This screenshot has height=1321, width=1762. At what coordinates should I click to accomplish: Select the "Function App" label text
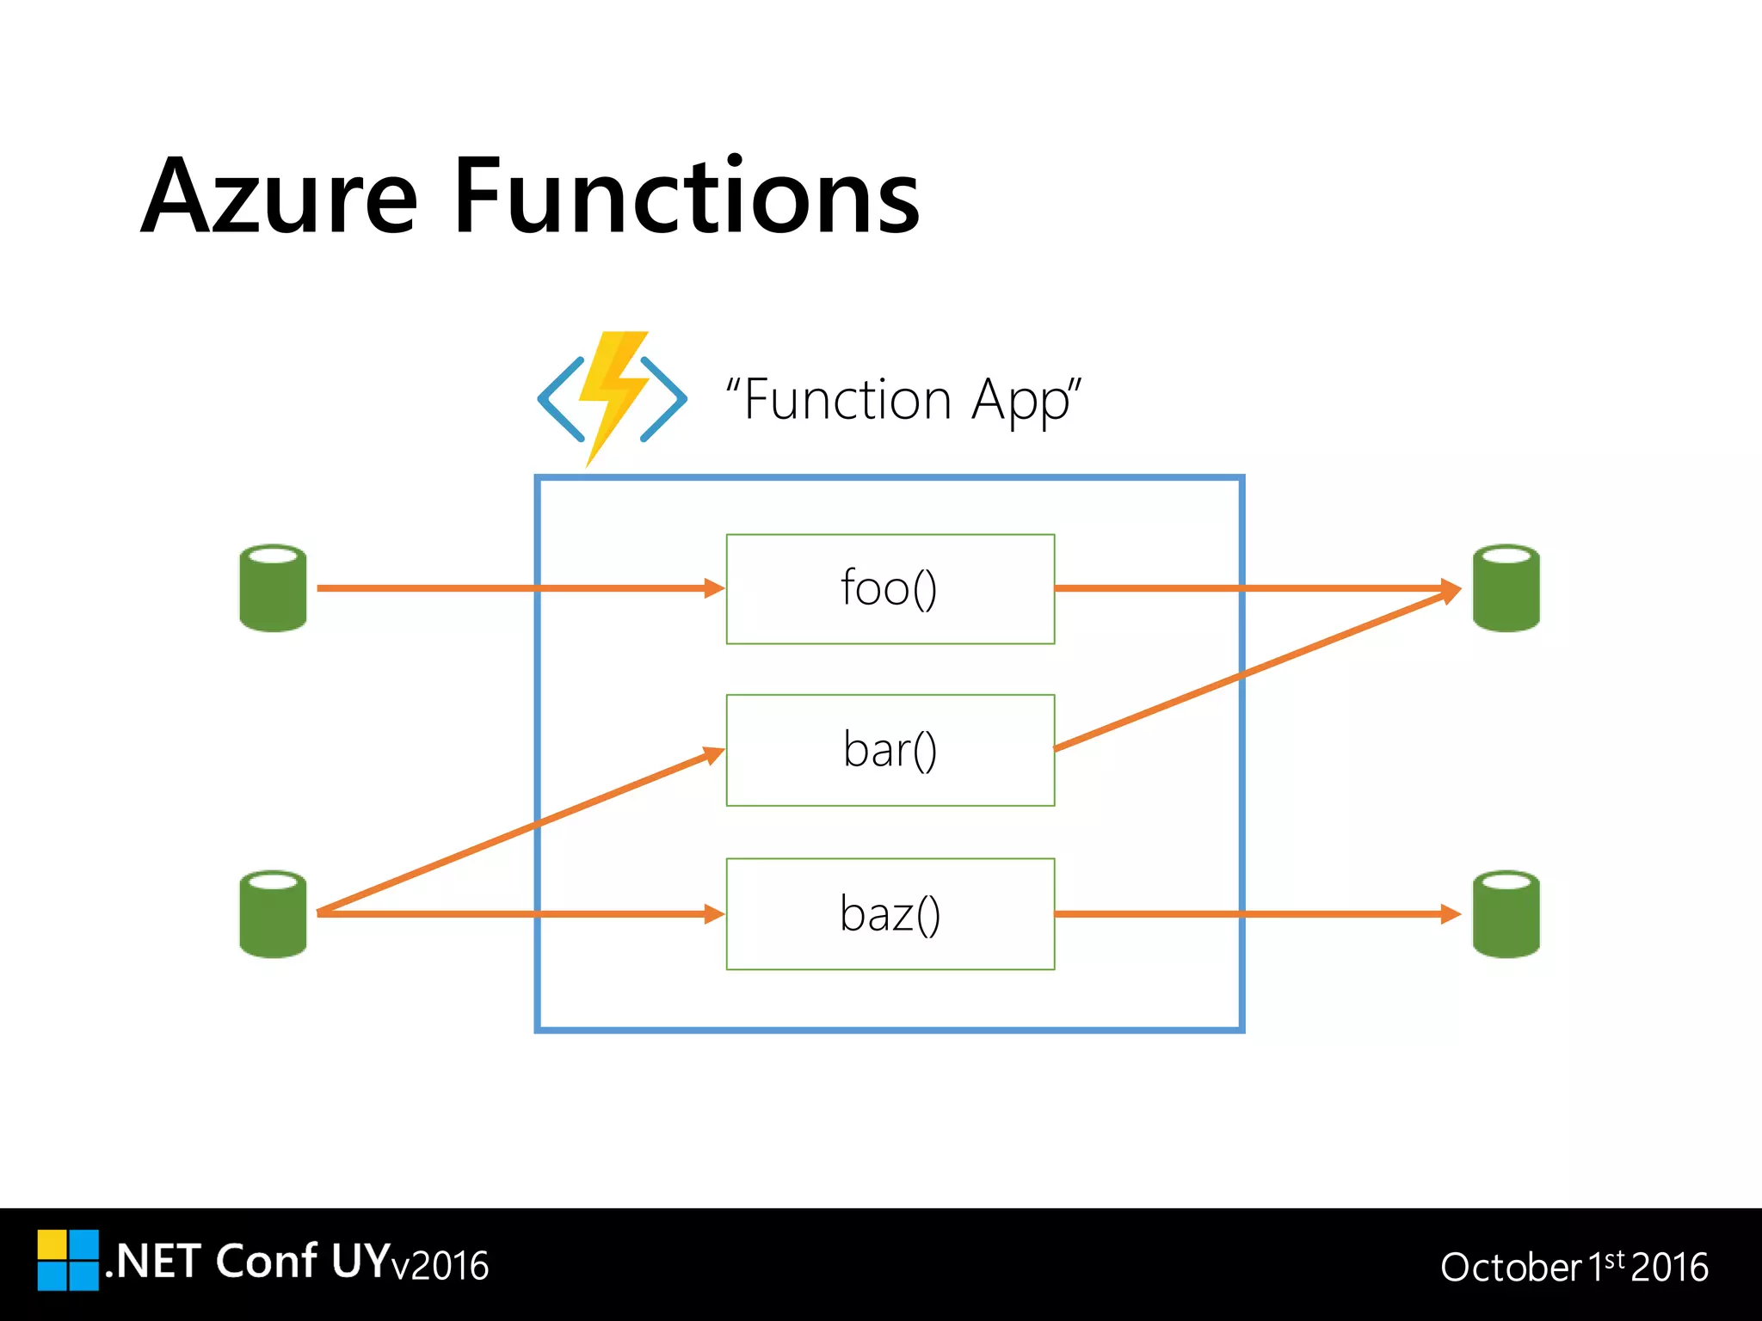903,401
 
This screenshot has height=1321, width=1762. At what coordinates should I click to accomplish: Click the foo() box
890,589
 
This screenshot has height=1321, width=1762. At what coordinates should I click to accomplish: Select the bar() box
890,750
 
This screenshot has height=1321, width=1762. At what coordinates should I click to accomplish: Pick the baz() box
890,914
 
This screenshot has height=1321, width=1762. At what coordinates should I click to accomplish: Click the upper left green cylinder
273,588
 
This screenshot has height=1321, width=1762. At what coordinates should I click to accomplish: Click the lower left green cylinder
273,914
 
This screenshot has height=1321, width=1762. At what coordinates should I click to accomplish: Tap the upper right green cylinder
1506,588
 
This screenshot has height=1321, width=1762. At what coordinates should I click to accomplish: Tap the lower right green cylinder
1506,914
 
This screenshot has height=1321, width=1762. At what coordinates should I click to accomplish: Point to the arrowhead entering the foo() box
714,588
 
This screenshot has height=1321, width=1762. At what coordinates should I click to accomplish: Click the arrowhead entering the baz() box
714,914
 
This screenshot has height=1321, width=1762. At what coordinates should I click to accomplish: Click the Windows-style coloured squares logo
68,1260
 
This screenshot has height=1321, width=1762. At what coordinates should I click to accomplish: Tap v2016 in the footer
440,1266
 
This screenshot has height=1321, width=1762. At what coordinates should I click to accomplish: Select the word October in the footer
1511,1268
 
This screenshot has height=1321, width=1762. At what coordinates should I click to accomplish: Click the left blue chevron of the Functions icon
560,398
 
